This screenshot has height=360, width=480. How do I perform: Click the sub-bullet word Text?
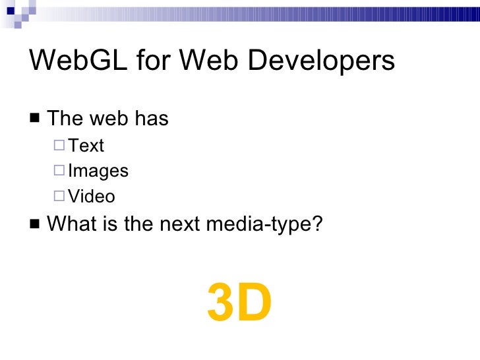(86, 145)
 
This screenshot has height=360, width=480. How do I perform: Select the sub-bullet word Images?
(98, 171)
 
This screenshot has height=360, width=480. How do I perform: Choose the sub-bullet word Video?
(92, 196)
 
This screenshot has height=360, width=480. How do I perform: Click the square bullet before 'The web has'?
(34, 119)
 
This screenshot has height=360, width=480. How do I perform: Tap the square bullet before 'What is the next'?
(34, 224)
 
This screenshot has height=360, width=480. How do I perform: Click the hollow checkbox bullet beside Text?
(60, 145)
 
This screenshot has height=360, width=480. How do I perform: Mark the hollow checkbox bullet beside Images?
(60, 171)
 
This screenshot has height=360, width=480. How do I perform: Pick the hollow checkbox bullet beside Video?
(60, 196)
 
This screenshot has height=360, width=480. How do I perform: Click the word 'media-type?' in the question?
(265, 224)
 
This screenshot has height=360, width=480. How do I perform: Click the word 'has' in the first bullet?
(152, 119)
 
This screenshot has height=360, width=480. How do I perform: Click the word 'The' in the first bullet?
(65, 119)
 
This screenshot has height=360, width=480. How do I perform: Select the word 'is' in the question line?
(109, 224)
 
